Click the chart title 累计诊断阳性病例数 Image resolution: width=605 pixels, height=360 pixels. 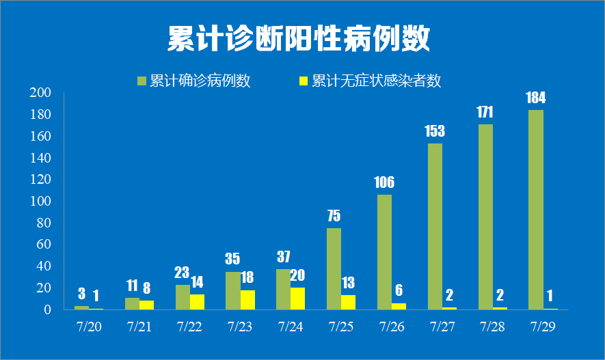[x=299, y=39]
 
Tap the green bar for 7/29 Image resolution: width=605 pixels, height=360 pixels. [x=535, y=210]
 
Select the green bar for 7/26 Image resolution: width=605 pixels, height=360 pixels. [x=384, y=252]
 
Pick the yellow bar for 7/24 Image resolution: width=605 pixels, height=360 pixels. [x=297, y=299]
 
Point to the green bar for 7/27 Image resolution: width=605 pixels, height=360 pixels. [x=435, y=226]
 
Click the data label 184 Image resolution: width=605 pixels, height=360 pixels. [x=535, y=98]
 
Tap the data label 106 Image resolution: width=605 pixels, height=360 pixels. [x=384, y=182]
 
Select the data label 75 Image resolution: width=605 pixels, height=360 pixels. [x=334, y=216]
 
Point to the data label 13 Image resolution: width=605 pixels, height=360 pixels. [x=348, y=283]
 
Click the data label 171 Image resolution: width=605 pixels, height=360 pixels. [x=485, y=112]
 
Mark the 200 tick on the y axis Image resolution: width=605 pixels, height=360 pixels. [x=42, y=93]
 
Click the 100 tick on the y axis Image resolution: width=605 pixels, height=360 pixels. [x=42, y=202]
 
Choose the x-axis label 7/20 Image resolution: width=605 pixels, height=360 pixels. [x=89, y=327]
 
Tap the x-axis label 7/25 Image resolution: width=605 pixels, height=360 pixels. [x=340, y=327]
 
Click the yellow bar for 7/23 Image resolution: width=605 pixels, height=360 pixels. [x=247, y=300]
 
